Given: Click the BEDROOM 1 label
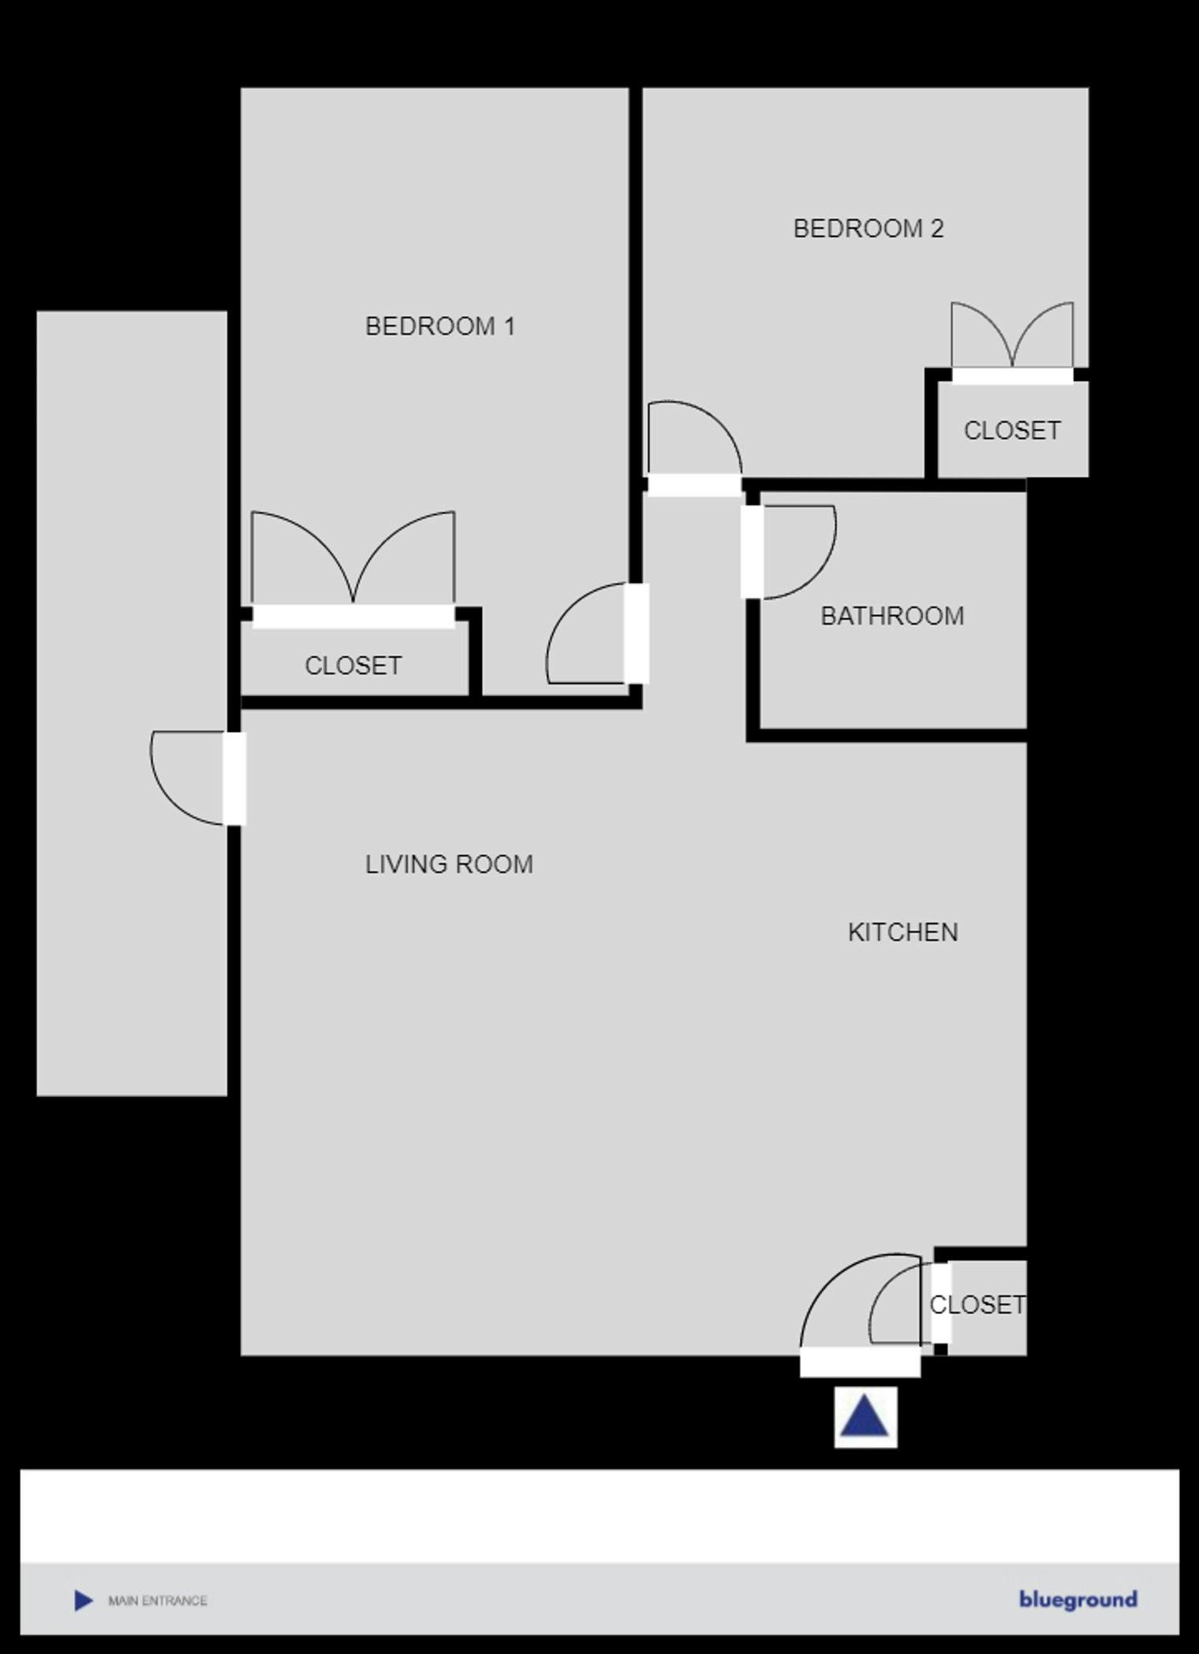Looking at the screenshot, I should (x=439, y=326).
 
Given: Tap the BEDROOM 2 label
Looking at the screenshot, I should (x=868, y=229).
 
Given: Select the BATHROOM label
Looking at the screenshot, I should (x=891, y=616).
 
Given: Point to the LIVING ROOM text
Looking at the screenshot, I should (x=448, y=864).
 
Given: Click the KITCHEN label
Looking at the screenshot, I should (x=902, y=932).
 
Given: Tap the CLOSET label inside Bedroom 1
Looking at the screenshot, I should (x=353, y=666).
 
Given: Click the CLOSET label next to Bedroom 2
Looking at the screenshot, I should (x=1011, y=431).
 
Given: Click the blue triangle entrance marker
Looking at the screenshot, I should (x=865, y=1417).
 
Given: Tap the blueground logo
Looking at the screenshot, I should (x=1078, y=1600).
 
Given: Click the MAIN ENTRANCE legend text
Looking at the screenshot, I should (x=157, y=1600).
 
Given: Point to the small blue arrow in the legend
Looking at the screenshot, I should (x=83, y=1600).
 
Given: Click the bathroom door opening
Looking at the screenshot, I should (x=752, y=552).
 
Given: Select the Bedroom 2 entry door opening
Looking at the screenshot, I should (x=693, y=485).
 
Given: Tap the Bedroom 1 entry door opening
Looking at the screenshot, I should (x=637, y=633).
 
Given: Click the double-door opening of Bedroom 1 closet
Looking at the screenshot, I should (x=353, y=617).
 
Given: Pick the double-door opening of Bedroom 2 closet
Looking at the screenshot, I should (x=1012, y=376).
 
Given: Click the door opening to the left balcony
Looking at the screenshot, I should (x=234, y=778).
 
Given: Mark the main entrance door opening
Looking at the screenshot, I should (x=860, y=1363).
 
